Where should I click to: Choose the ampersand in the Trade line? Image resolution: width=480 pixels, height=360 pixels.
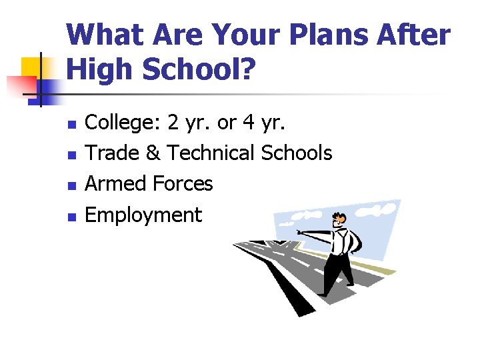pyautogui.click(x=153, y=153)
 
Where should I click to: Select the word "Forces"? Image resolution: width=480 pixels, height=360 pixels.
pyautogui.click(x=183, y=183)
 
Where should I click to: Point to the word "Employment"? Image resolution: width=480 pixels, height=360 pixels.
pyautogui.click(x=144, y=215)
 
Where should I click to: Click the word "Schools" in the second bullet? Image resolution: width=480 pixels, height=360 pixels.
pyautogui.click(x=297, y=153)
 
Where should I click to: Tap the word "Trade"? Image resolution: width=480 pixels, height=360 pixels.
pyautogui.click(x=114, y=153)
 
